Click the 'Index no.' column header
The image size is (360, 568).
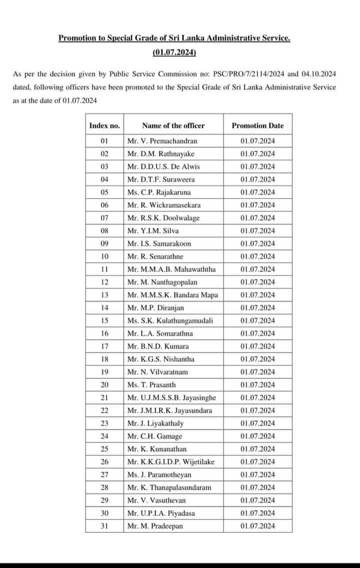click(x=104, y=126)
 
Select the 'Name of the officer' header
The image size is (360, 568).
click(x=173, y=126)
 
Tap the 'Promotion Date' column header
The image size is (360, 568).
click(x=257, y=126)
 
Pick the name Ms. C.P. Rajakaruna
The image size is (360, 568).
click(x=159, y=192)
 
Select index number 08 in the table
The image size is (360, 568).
click(x=104, y=230)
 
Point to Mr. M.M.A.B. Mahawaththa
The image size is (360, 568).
click(x=171, y=269)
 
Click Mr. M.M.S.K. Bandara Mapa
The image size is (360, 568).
click(x=172, y=295)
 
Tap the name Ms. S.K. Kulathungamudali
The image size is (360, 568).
click(x=170, y=320)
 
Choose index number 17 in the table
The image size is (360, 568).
click(x=104, y=346)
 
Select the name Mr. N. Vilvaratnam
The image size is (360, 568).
click(x=159, y=372)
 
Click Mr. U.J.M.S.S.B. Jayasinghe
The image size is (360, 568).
click(x=171, y=397)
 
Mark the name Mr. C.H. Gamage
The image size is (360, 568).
click(x=154, y=436)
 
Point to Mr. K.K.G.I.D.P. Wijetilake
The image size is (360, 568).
click(x=170, y=461)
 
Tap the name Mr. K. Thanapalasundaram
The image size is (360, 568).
click(x=169, y=487)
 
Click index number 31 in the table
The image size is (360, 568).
click(x=104, y=526)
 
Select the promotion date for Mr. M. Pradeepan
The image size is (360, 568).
click(x=257, y=526)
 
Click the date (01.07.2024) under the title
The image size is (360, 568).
click(x=174, y=52)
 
